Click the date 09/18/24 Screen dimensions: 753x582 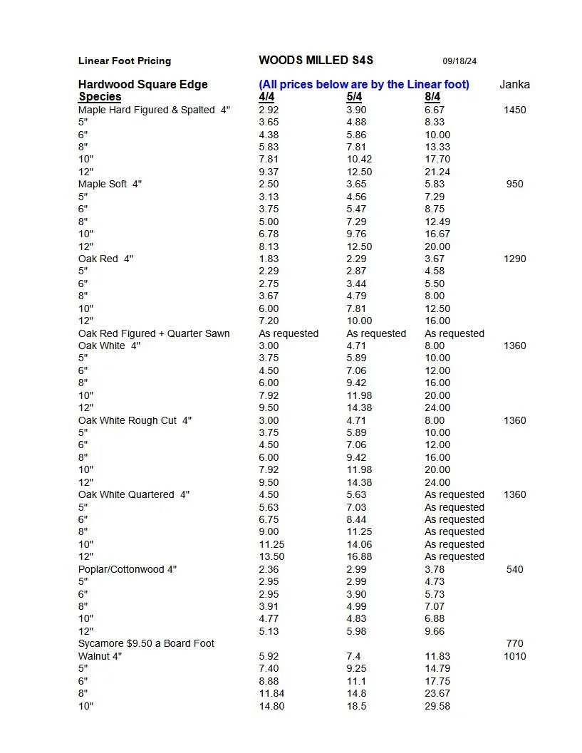tap(459, 61)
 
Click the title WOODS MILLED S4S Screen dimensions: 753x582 tap(316, 61)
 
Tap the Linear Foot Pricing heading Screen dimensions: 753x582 tap(125, 61)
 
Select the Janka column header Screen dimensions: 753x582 tap(514, 85)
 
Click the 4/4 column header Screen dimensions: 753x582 tap(267, 97)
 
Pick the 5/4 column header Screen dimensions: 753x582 tap(354, 97)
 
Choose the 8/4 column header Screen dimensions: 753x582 tap(432, 97)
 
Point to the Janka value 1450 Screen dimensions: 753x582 tap(514, 110)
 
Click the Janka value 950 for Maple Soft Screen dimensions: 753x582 tap(514, 185)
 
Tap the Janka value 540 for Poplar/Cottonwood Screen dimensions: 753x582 tap(514, 569)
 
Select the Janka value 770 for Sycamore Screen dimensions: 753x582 tap(514, 644)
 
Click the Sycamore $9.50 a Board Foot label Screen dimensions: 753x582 tap(146, 644)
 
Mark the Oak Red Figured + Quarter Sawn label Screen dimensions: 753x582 tap(154, 333)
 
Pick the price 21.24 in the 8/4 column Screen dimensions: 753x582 tap(437, 172)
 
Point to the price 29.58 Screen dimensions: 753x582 tap(437, 706)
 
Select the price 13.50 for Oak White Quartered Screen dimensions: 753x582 tap(271, 557)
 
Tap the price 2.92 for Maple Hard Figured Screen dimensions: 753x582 tap(269, 110)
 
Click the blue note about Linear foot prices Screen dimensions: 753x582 tap(364, 85)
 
